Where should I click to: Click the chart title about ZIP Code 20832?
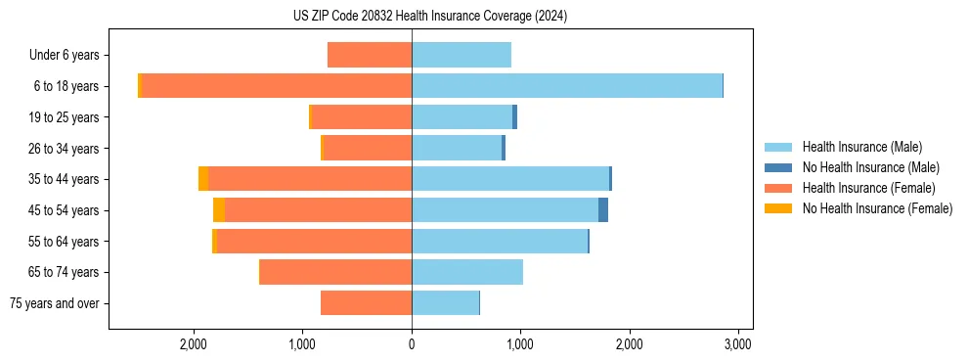(x=429, y=17)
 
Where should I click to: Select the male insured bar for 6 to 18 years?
(x=567, y=86)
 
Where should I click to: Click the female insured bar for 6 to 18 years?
(x=277, y=86)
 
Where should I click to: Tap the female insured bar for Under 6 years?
(x=370, y=55)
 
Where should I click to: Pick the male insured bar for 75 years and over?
(x=445, y=303)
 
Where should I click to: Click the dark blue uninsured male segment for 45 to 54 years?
(x=603, y=210)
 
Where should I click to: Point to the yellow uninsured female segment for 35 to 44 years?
(x=203, y=179)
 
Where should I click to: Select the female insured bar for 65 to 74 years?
(x=335, y=272)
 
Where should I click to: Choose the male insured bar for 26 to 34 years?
(x=457, y=148)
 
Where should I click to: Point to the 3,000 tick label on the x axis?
(x=737, y=344)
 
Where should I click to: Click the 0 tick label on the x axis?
(x=412, y=344)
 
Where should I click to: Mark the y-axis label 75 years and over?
(x=55, y=303)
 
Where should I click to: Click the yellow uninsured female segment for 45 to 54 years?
(x=219, y=210)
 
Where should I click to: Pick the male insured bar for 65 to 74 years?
(x=467, y=272)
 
